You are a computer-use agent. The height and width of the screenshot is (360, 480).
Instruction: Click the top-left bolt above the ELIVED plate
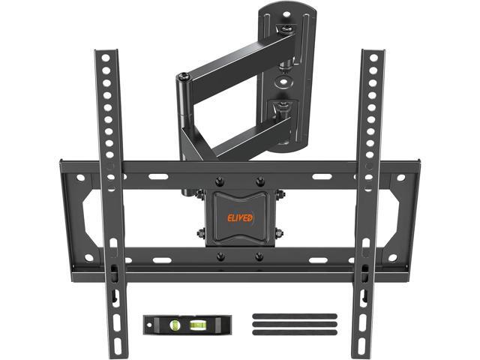click(x=220, y=181)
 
